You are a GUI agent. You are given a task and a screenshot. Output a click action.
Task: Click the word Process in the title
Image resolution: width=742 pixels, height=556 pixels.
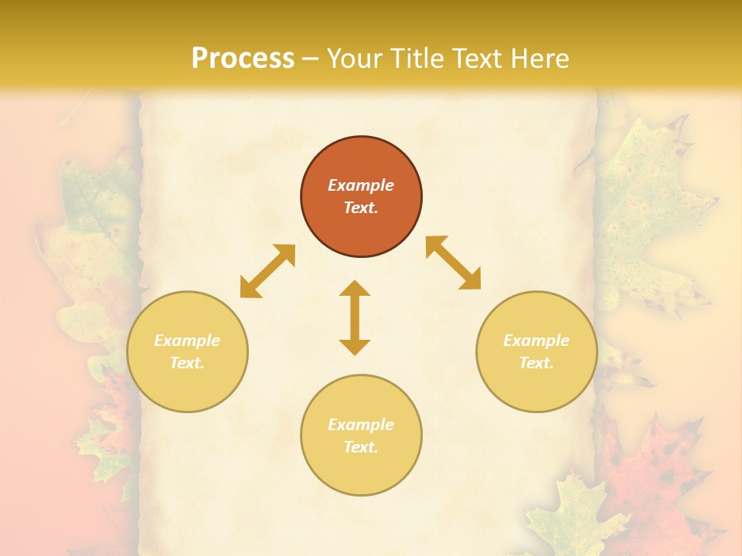[x=243, y=59]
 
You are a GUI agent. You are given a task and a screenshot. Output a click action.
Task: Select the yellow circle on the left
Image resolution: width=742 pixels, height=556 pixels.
[x=187, y=386]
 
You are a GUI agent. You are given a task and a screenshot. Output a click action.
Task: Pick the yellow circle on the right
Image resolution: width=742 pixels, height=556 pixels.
[x=536, y=386]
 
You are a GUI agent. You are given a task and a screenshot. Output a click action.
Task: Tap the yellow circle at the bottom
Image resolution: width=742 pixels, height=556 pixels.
[x=361, y=471]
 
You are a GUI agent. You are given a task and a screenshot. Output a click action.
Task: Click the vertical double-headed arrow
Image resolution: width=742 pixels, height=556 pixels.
[x=355, y=317]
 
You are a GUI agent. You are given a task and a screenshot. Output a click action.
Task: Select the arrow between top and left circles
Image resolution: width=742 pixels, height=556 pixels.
[x=267, y=271]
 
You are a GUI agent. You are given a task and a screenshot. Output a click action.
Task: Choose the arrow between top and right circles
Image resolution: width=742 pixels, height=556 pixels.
[x=454, y=263]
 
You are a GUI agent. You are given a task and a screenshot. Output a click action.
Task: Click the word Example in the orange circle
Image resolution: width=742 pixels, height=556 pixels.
[x=361, y=185]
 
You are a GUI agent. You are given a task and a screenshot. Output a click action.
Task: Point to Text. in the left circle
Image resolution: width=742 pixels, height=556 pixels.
[x=187, y=363]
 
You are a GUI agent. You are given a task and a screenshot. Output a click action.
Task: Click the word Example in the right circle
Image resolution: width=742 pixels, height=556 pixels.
[x=536, y=341]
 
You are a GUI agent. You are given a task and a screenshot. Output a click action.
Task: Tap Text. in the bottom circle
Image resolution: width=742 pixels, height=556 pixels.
[x=361, y=447]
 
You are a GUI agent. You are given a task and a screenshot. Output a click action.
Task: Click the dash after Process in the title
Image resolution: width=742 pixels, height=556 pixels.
[x=311, y=59]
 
